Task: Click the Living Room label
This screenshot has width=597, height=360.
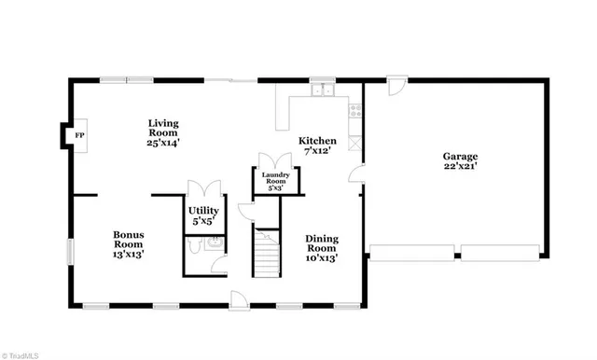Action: tap(163, 132)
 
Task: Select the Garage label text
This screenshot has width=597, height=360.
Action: tap(461, 157)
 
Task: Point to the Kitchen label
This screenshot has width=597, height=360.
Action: tap(317, 142)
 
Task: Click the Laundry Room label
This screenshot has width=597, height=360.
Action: tap(275, 180)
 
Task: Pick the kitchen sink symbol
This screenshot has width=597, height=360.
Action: tap(323, 90)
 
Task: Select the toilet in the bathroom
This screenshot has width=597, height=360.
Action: tap(194, 244)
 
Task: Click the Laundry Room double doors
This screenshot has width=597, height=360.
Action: tap(275, 159)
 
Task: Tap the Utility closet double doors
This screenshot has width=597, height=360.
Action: tap(202, 187)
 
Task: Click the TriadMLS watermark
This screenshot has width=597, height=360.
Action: tap(21, 353)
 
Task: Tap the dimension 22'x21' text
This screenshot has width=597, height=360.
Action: tap(461, 168)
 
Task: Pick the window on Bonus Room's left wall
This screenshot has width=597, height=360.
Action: tap(69, 253)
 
